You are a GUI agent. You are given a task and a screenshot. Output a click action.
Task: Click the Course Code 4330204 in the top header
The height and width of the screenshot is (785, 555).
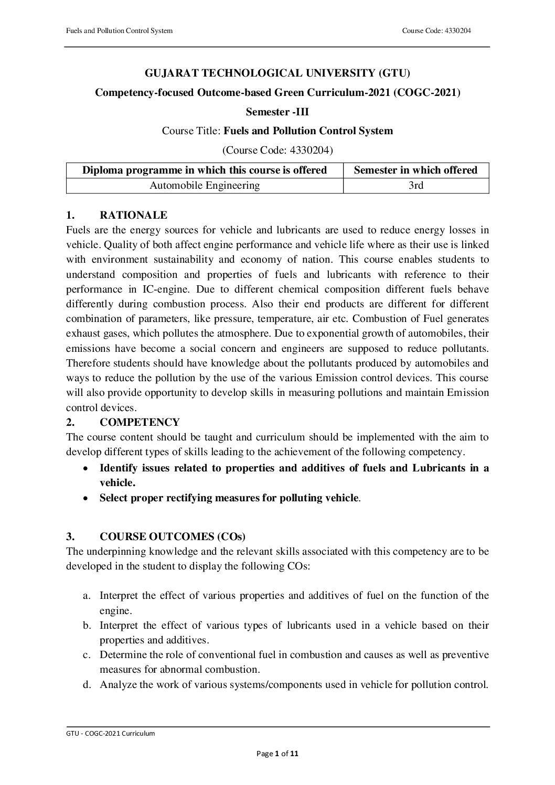(436, 31)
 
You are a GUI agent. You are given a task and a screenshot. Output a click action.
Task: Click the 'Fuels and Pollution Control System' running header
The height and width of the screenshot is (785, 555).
(119, 31)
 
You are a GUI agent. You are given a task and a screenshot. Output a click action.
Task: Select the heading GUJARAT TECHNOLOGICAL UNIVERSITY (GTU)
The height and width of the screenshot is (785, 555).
(277, 73)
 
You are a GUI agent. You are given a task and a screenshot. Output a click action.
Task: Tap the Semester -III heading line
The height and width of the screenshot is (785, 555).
(277, 111)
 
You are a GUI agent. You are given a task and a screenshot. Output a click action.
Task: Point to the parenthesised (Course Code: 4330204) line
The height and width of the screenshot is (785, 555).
(277, 150)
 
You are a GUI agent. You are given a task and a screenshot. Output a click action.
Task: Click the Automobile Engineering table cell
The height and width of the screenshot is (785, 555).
(205, 185)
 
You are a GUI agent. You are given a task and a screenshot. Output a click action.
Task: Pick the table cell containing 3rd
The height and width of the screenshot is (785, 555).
(416, 185)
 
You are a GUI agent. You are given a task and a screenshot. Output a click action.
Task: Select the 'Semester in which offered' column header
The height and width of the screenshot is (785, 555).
(416, 170)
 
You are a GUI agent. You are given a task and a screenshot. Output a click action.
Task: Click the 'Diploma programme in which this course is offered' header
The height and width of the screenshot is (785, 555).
(205, 170)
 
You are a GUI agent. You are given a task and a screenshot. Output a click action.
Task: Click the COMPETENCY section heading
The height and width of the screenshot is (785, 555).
(140, 422)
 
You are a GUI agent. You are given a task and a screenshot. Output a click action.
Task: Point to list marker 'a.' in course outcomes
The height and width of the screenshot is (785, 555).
(87, 596)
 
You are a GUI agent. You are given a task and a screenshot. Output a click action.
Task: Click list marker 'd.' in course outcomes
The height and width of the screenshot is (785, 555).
(87, 684)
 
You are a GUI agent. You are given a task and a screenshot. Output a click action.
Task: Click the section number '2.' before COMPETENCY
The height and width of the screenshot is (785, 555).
(70, 422)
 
